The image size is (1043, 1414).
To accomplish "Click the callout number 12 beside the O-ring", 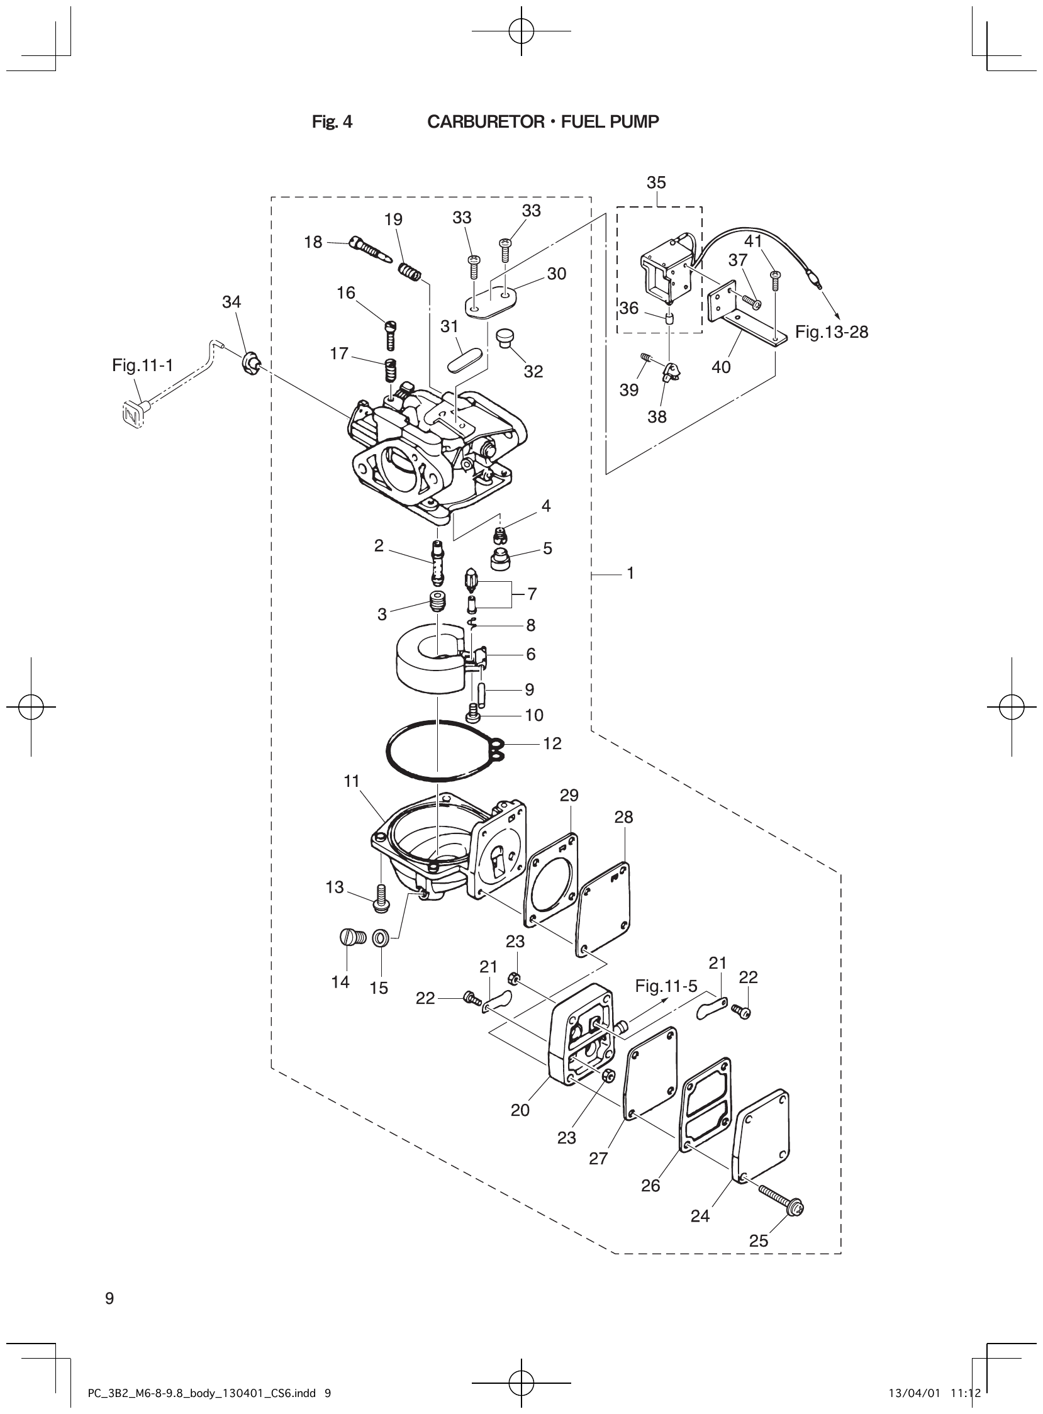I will (552, 743).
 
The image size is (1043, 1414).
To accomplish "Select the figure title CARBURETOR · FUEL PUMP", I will (543, 122).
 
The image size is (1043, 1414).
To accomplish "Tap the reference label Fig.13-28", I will (831, 332).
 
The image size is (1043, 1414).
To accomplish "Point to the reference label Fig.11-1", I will (142, 365).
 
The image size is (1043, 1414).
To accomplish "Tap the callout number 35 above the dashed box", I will (656, 182).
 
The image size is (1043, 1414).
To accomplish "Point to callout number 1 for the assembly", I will (630, 573).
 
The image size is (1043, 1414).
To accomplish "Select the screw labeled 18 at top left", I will (371, 249).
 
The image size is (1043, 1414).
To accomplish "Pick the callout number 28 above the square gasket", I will (623, 818).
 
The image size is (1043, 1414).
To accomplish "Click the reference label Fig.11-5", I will (666, 986).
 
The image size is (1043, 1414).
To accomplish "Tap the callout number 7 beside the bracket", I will (532, 594).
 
